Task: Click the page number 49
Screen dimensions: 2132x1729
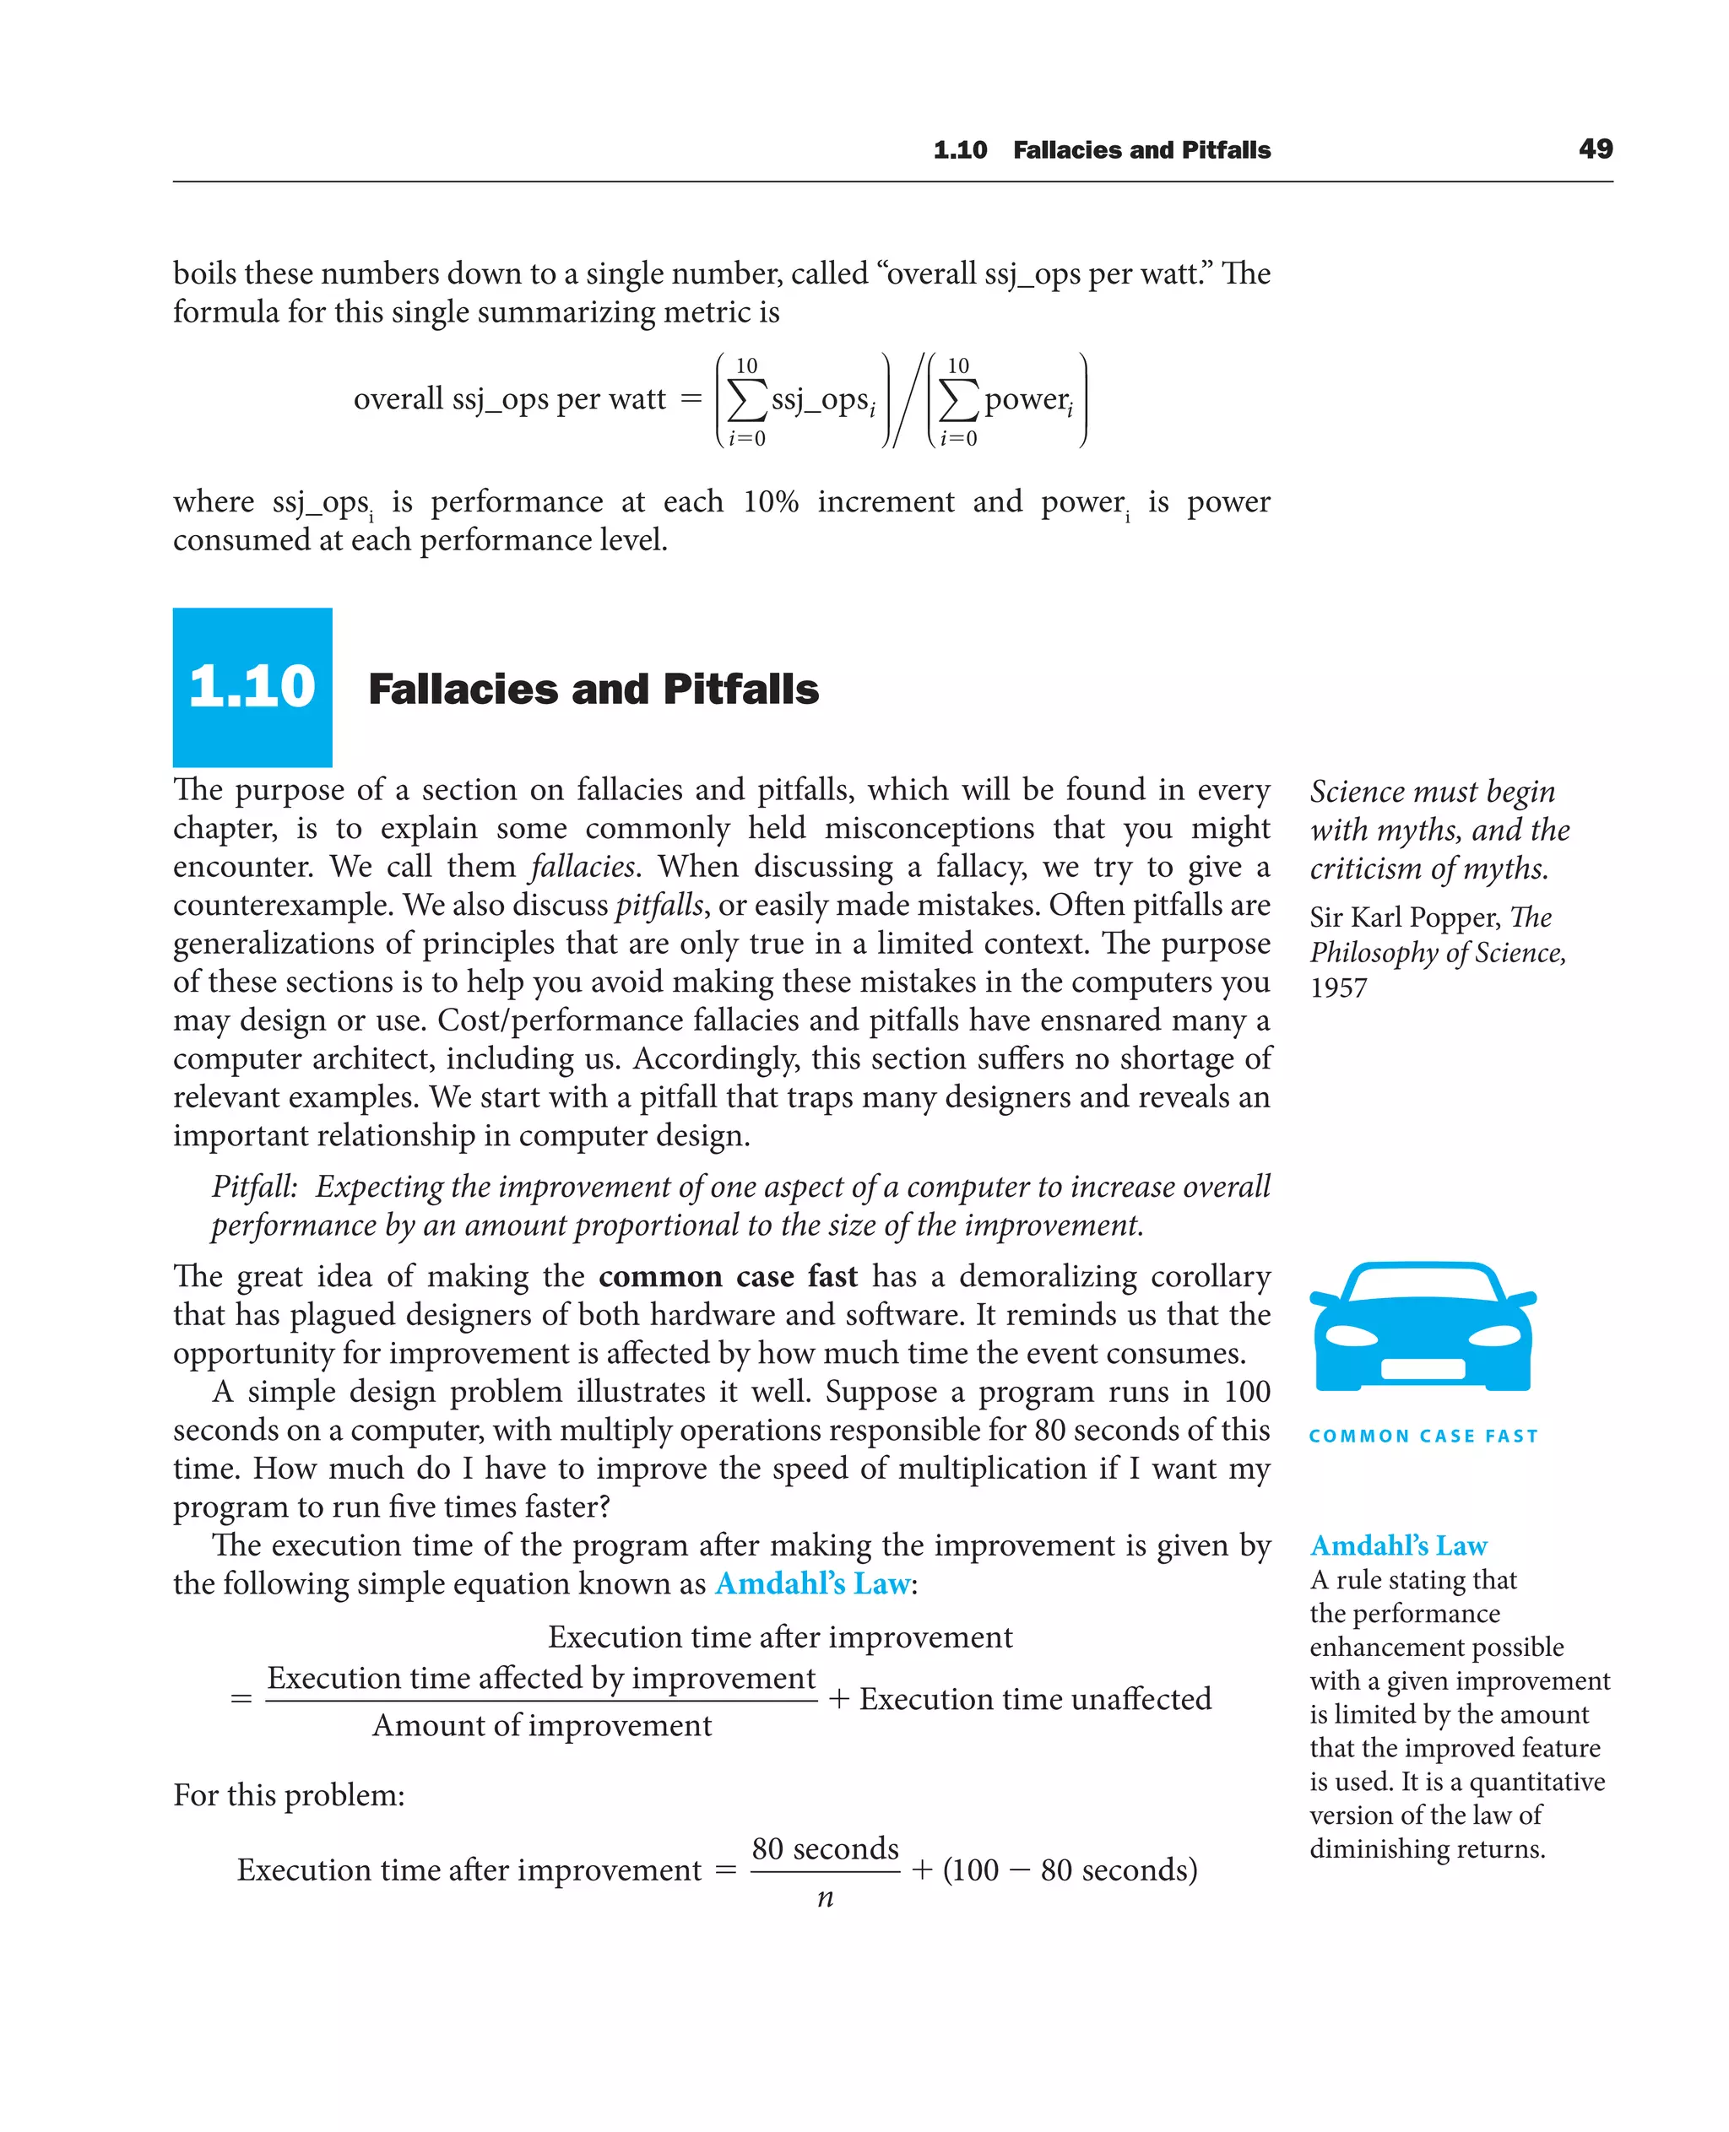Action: pos(1595,149)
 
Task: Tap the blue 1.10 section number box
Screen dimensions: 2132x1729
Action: pos(252,686)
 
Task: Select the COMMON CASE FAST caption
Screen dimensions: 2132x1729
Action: pos(1423,1436)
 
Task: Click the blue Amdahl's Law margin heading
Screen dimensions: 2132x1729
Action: pos(1398,1545)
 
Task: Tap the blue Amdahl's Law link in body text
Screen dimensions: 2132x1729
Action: pos(811,1583)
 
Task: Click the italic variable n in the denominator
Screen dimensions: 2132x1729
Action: pos(825,1898)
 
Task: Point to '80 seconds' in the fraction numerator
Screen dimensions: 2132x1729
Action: pos(825,1849)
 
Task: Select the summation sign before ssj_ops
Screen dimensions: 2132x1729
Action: pos(747,401)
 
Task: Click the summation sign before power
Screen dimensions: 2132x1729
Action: pos(958,401)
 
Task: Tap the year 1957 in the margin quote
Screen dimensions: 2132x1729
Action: pos(1339,988)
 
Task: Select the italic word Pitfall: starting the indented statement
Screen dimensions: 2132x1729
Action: pos(254,1187)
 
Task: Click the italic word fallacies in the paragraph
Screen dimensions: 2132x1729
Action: pos(583,866)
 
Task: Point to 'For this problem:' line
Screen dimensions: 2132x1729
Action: pos(289,1795)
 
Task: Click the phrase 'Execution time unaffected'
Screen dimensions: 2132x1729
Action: pos(1035,1699)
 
